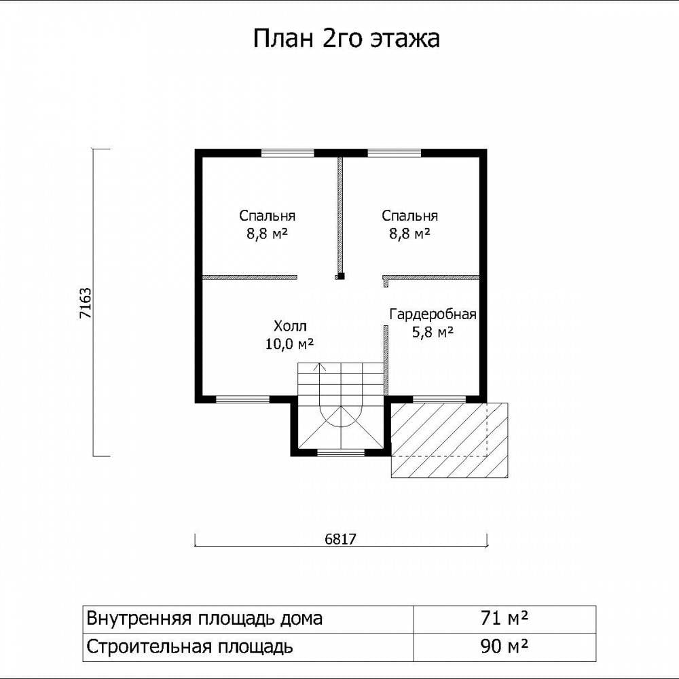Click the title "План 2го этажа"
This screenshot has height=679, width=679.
(346, 39)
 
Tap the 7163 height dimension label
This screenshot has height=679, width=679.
(86, 303)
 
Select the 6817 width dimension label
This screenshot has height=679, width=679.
(340, 539)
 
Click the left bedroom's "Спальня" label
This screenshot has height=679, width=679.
(267, 216)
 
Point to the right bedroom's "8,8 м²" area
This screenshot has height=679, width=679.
(409, 234)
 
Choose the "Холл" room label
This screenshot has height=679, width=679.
(290, 326)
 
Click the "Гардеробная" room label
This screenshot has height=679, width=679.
(433, 314)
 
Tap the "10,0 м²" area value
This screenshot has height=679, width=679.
(289, 344)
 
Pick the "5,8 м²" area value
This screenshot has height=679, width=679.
(433, 333)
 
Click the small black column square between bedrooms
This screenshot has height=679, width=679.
(341, 276)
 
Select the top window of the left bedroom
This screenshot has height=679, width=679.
(287, 152)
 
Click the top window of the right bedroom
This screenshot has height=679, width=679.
(394, 152)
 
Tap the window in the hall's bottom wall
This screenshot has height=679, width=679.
(242, 399)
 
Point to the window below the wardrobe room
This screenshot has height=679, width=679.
(439, 399)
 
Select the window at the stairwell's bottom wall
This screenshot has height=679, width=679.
(341, 453)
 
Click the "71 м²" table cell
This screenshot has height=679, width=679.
(504, 618)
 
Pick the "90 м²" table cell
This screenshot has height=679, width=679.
(504, 646)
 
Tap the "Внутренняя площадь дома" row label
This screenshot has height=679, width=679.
(204, 619)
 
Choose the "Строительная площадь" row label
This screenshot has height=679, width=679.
(189, 647)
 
